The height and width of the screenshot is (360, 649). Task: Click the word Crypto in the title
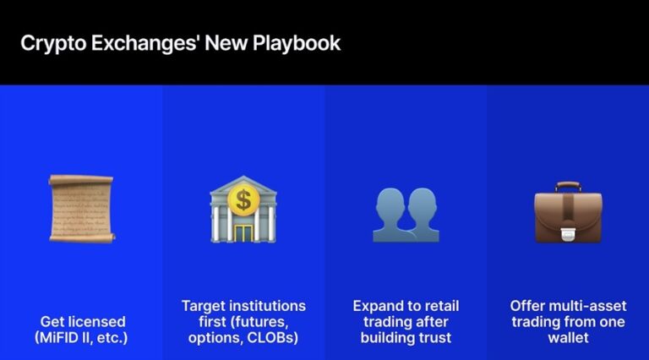[x=52, y=42]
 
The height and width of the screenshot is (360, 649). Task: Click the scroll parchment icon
[x=81, y=208]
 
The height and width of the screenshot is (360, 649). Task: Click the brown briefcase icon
[x=568, y=211]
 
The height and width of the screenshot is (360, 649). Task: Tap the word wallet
[x=568, y=338]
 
